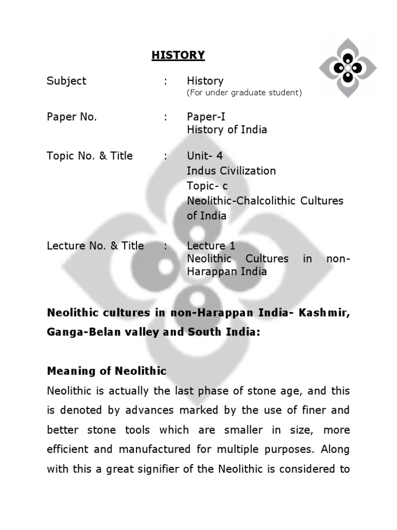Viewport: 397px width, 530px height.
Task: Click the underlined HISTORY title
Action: [178, 55]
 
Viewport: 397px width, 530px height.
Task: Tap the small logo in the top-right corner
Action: [347, 67]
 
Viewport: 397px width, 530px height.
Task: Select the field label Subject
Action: [67, 81]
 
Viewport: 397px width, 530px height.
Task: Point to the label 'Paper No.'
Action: [72, 117]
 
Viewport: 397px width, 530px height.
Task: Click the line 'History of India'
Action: [227, 130]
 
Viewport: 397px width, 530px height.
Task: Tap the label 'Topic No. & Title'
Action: [90, 156]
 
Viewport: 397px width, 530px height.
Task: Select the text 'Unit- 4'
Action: [205, 156]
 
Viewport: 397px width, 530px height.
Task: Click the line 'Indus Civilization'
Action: [232, 171]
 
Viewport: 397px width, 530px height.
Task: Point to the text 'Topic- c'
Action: [207, 186]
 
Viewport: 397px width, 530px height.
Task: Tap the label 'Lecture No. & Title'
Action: [96, 246]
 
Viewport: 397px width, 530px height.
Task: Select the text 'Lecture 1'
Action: [211, 246]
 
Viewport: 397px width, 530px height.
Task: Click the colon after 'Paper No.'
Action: [165, 117]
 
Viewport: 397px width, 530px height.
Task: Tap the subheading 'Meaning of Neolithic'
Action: [106, 371]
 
